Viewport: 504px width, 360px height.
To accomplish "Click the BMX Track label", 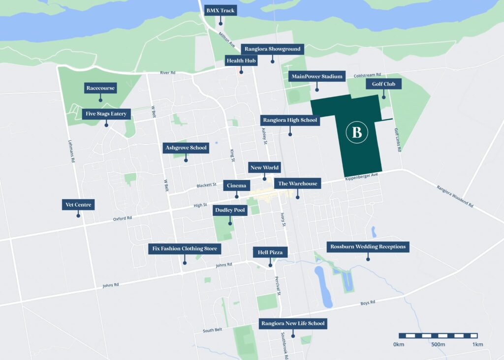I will (x=220, y=10).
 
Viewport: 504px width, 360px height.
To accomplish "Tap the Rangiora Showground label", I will (x=272, y=49).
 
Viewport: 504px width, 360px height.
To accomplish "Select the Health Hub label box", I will (x=241, y=60).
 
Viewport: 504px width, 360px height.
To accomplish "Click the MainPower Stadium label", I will (x=316, y=76).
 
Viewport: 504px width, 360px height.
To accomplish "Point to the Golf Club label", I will (x=383, y=84).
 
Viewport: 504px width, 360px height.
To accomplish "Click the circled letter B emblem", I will (x=357, y=132).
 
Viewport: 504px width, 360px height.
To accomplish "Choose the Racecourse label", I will (x=100, y=88).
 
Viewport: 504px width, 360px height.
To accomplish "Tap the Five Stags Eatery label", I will (x=106, y=114).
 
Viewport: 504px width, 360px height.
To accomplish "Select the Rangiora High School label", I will (x=290, y=120).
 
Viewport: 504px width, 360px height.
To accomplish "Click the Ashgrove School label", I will (x=186, y=148).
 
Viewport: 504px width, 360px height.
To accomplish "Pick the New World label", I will (x=264, y=168).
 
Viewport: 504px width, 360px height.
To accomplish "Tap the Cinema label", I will (x=237, y=185).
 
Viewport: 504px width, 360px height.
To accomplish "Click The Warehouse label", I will (x=297, y=183).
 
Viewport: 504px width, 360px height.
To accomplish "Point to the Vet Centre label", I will (x=78, y=205).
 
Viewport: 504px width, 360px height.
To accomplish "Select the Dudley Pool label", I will (x=230, y=210).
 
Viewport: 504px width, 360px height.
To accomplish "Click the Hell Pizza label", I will (x=270, y=252).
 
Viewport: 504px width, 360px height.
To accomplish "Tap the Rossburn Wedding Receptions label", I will (x=368, y=246).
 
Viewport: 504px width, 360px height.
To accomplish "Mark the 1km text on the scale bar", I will (x=476, y=344).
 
